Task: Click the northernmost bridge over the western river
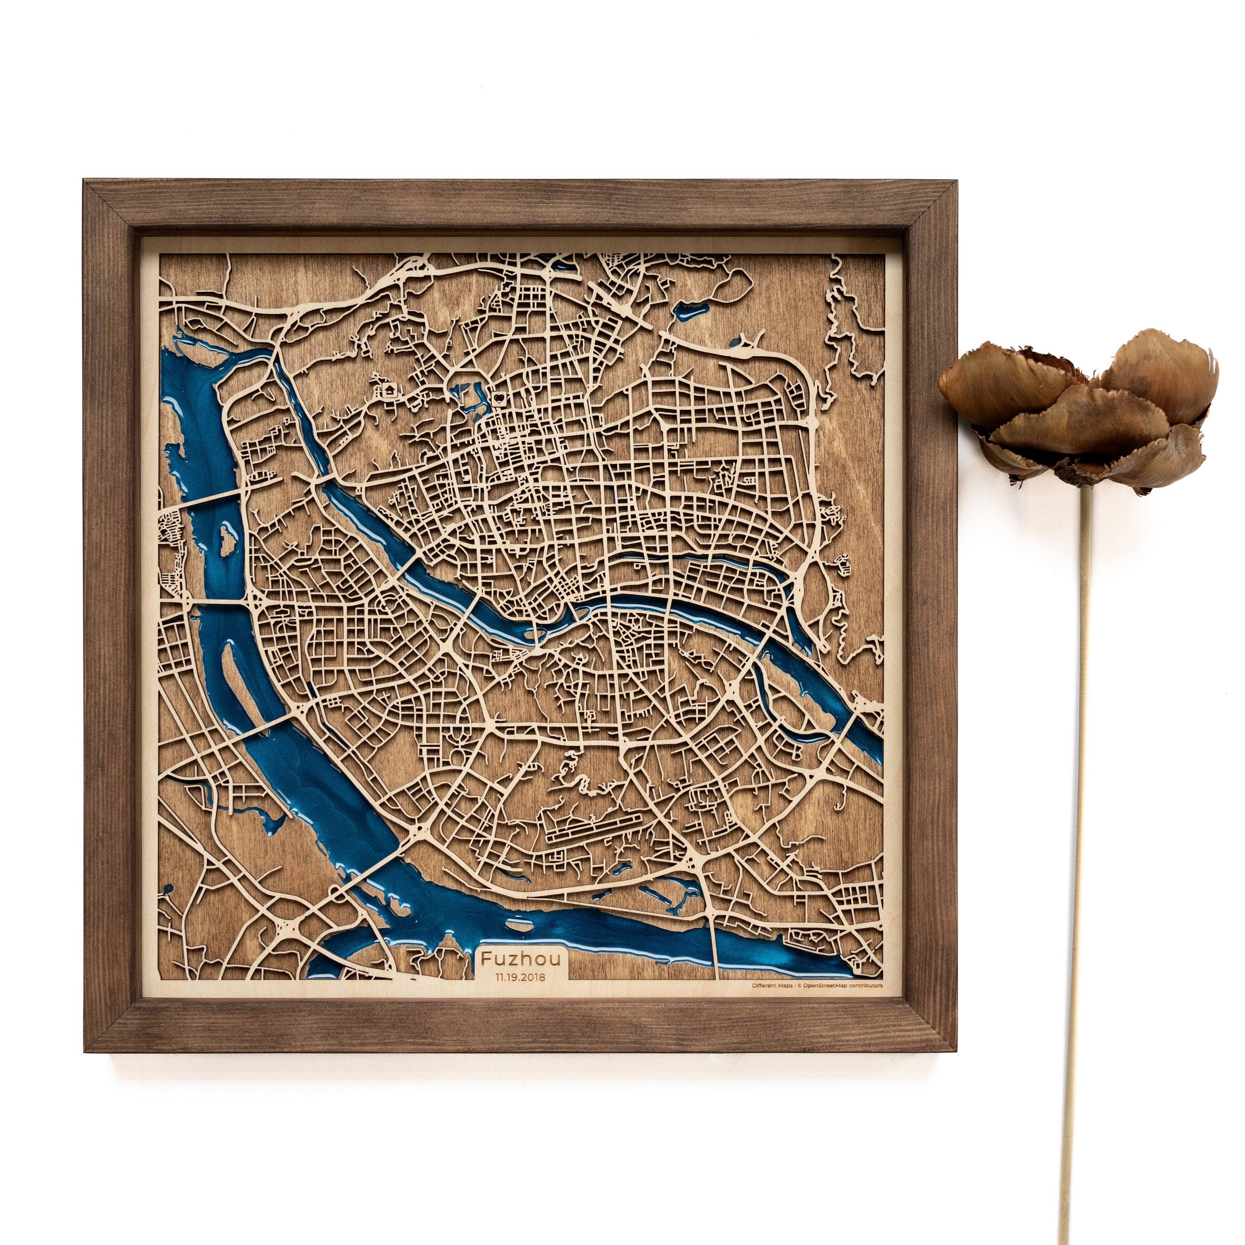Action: pos(206,500)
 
